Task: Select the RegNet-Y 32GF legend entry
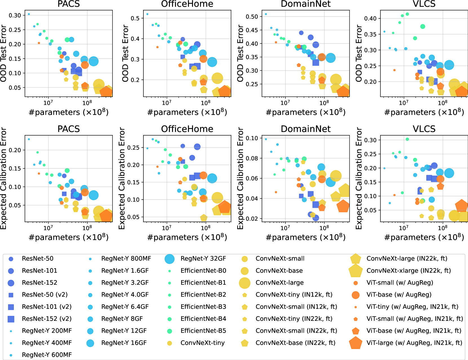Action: [203, 259]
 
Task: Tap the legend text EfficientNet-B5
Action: [203, 331]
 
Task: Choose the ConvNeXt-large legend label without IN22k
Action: [280, 282]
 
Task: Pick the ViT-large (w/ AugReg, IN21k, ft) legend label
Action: [414, 343]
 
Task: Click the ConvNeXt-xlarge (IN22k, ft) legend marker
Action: [356, 271]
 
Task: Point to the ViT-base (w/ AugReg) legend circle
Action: [356, 295]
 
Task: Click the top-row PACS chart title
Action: [68, 4]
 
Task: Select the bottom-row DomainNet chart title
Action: [305, 129]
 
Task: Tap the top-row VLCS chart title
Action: [424, 4]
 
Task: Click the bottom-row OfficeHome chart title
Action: [187, 129]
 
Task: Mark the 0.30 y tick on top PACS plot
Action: [15, 16]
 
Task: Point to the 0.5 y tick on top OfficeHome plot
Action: [135, 18]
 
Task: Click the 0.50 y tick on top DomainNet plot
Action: [252, 17]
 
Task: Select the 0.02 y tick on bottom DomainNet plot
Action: [252, 219]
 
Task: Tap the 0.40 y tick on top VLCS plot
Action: [370, 19]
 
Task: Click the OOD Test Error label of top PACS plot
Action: [3, 53]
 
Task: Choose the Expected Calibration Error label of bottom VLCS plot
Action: [359, 178]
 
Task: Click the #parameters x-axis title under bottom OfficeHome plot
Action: [187, 237]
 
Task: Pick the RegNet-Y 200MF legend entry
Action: [47, 331]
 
